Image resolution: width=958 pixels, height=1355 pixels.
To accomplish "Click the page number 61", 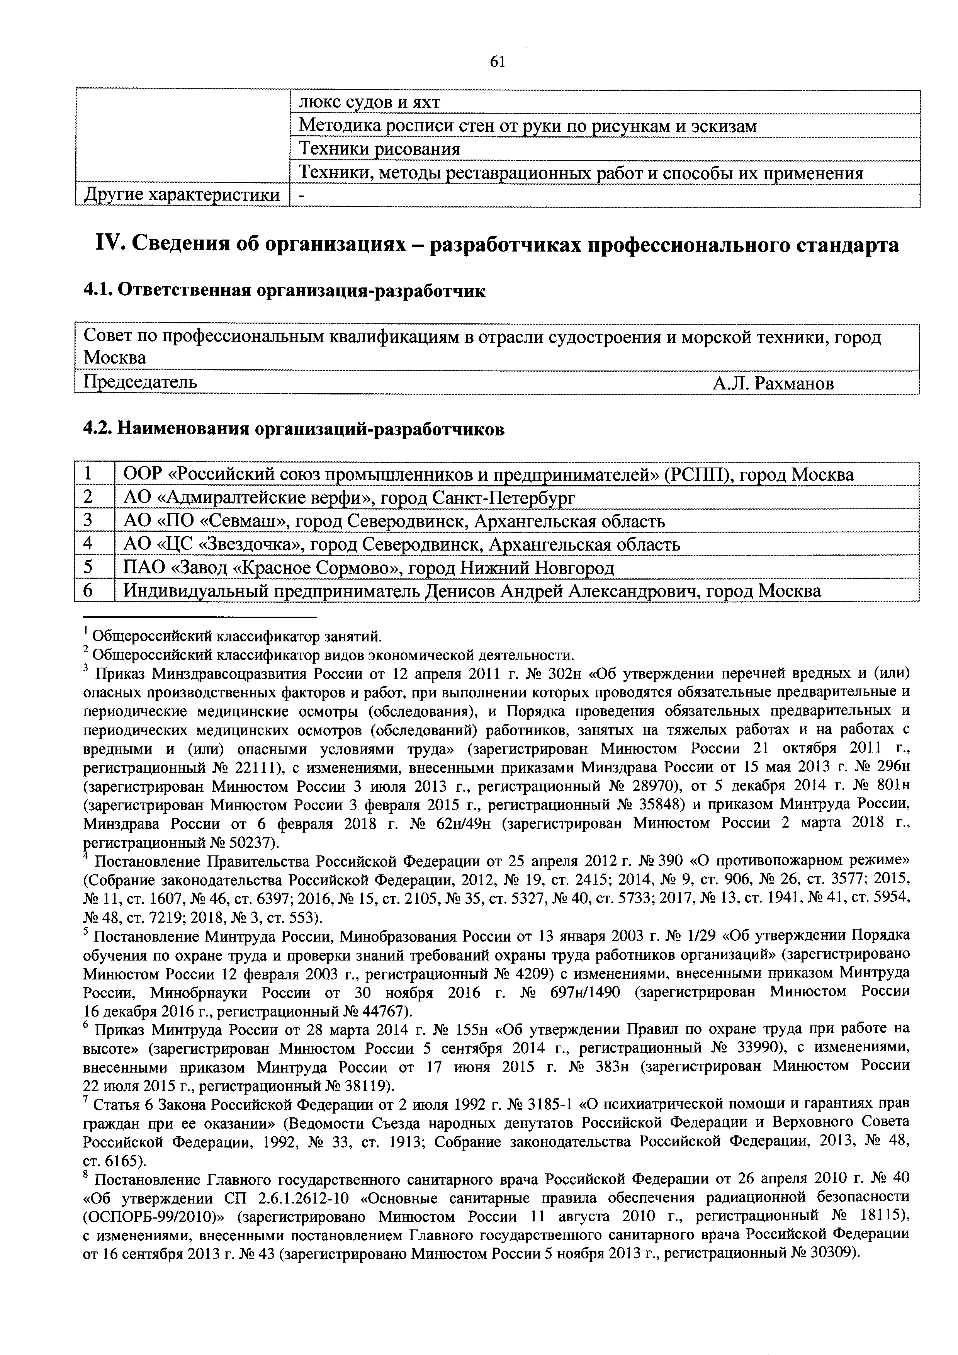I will tap(497, 61).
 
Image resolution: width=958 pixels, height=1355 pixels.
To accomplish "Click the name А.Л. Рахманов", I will tap(773, 384).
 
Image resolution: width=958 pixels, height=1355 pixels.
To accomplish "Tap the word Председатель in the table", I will tap(140, 383).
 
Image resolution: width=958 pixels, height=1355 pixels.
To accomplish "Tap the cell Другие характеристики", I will tap(182, 195).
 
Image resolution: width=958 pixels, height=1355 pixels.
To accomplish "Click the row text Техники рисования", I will tap(379, 149).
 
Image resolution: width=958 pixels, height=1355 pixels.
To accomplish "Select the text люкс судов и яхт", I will tap(369, 103).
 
